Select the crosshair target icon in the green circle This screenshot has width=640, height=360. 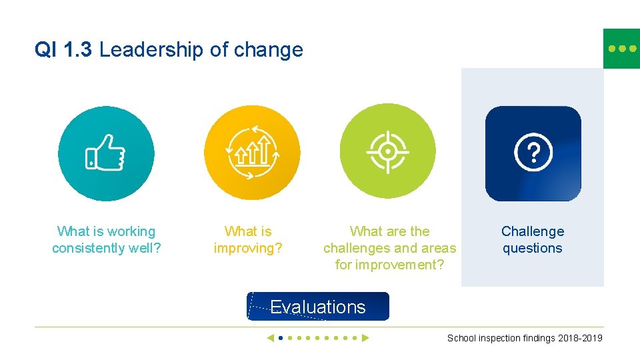[387, 151]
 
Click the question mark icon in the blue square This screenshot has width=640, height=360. [533, 153]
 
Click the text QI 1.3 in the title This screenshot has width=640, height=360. [64, 50]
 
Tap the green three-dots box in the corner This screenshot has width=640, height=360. [621, 49]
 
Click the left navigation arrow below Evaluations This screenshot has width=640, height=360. [270, 338]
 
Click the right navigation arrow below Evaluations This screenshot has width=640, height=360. [365, 338]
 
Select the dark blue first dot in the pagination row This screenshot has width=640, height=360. [281, 338]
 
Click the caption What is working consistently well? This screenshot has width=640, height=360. [107, 240]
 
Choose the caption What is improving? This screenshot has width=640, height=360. [248, 240]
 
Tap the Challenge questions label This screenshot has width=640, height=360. [532, 240]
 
